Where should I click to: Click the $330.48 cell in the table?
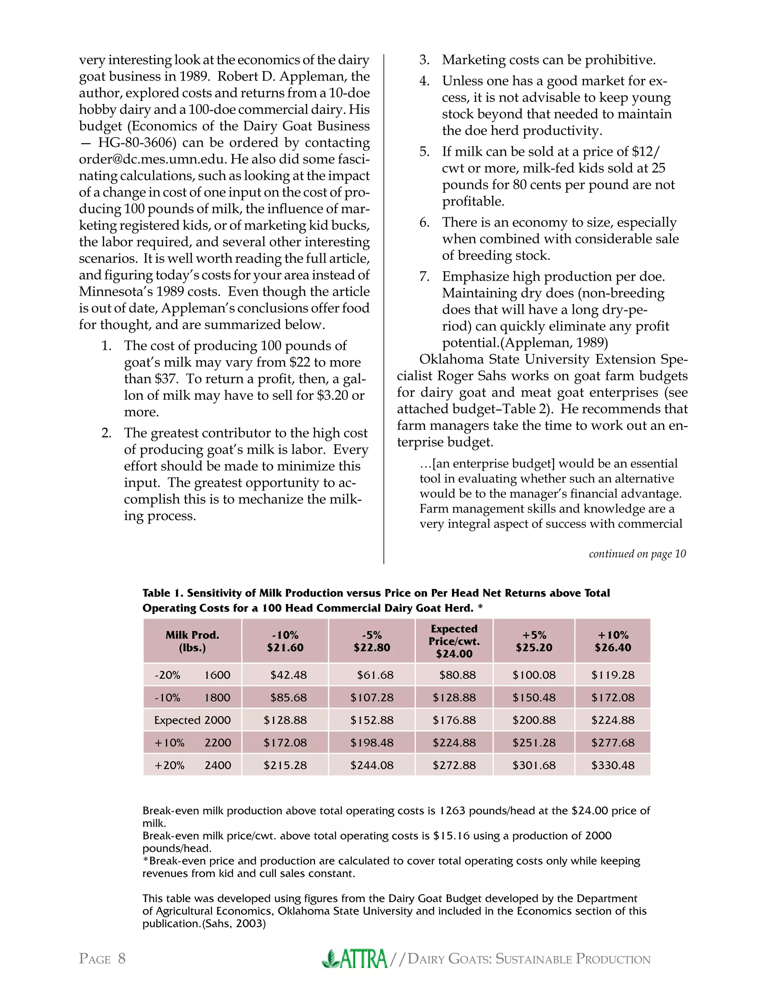[612, 765]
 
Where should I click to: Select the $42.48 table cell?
[288, 675]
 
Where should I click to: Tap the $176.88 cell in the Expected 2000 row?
[454, 720]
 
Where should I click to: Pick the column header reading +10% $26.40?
[612, 641]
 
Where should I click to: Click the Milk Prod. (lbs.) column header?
[192, 641]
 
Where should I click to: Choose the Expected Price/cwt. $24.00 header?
[454, 641]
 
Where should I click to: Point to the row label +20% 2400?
[192, 765]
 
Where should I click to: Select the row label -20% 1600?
[192, 675]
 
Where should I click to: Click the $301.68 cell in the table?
[534, 765]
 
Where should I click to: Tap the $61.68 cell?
[375, 675]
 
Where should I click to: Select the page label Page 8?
[102, 959]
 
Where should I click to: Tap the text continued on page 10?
[637, 554]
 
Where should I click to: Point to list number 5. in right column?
[424, 151]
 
